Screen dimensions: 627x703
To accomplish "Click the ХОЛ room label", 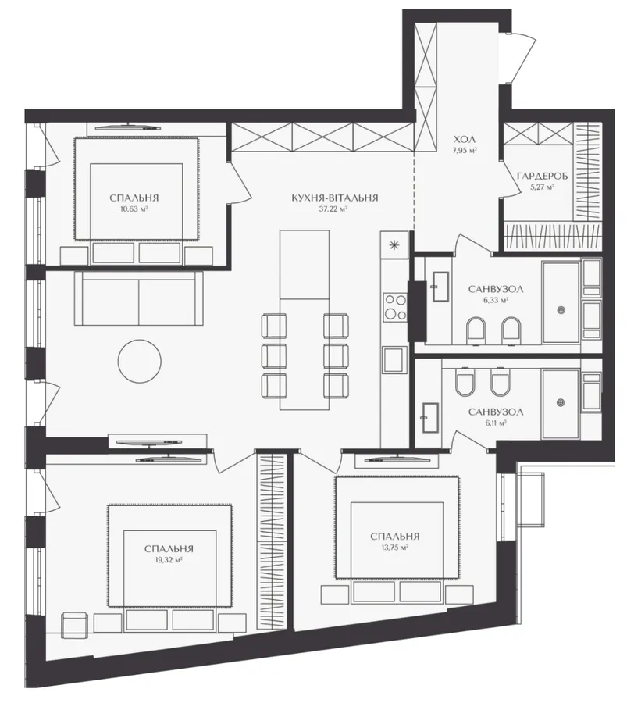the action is point(464,140).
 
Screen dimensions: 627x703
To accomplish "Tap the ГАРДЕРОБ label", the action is point(543,177).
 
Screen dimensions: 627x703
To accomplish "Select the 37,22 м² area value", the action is point(335,209).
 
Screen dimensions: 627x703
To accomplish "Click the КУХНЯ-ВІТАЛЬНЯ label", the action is point(335,198).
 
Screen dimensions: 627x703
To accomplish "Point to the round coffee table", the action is point(140,361).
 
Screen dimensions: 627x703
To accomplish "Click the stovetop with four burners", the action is point(395,306).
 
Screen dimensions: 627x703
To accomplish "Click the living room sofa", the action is point(139,298).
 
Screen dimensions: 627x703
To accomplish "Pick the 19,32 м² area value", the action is point(169,560).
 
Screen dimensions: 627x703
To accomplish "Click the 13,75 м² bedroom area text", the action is point(395,548).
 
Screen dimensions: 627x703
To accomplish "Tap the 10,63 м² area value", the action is point(134,209).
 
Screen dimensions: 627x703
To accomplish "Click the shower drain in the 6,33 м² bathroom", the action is point(561,309).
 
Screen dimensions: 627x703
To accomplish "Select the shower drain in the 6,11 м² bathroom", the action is point(560,402).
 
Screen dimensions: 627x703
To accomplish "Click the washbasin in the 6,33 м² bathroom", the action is point(440,287).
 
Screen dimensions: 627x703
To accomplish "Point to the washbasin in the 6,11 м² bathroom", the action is point(430,418).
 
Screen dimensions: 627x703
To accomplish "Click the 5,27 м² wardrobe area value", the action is point(543,187).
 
